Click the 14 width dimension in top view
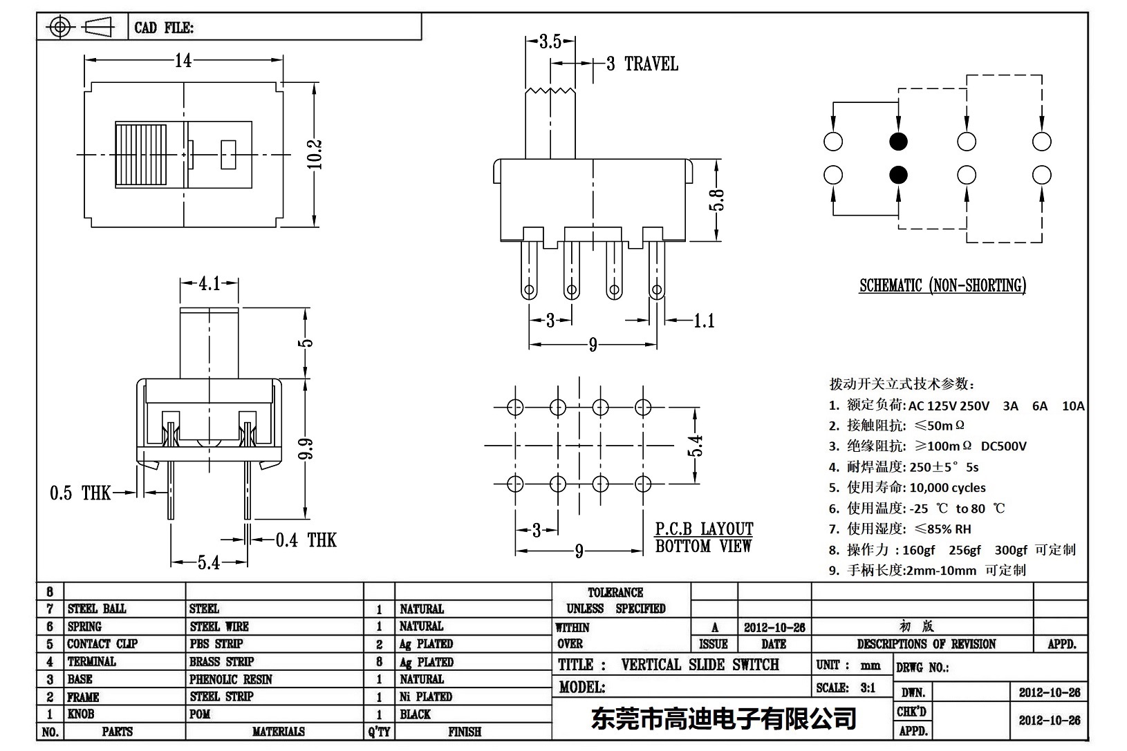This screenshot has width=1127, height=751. click(x=183, y=61)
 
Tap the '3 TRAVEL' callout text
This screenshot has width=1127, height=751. click(x=642, y=64)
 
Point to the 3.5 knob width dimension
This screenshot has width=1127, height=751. click(x=550, y=41)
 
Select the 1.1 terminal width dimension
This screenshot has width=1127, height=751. click(x=704, y=321)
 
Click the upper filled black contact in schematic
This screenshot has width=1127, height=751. click(x=898, y=142)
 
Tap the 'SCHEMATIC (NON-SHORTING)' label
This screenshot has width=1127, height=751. click(x=942, y=285)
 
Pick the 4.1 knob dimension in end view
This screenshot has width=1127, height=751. click(x=209, y=283)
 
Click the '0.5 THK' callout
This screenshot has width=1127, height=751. click(x=80, y=493)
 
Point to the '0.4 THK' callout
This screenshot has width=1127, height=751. click(x=306, y=540)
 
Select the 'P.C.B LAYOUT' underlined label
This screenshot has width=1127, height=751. click(x=704, y=529)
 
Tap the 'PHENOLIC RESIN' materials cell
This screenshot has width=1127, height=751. click(x=231, y=679)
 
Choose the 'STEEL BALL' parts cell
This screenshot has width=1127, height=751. click(x=97, y=609)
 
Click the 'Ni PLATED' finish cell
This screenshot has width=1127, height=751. click(x=426, y=696)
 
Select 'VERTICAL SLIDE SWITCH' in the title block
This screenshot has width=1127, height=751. click(x=700, y=665)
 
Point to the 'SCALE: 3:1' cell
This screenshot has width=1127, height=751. click(x=846, y=687)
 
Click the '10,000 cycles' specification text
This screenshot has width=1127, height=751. click(x=947, y=488)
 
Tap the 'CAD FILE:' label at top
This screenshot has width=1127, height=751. click(x=164, y=28)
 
